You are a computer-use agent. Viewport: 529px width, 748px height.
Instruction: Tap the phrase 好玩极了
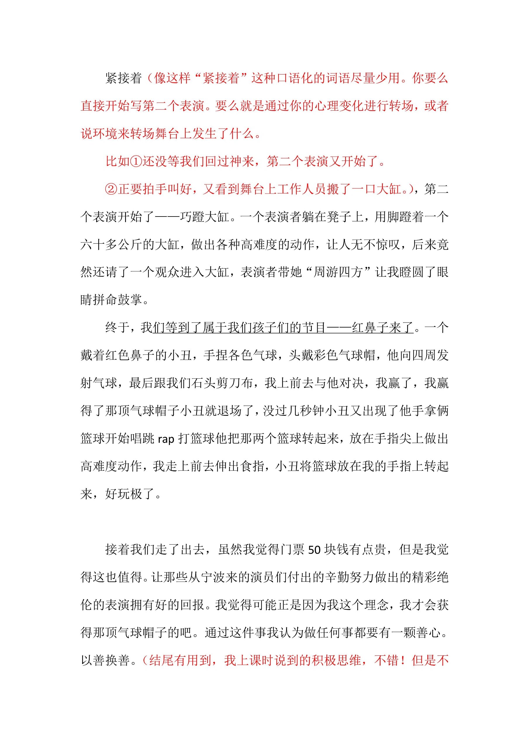coord(130,494)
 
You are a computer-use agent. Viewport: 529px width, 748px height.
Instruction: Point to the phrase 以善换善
coord(105,661)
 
